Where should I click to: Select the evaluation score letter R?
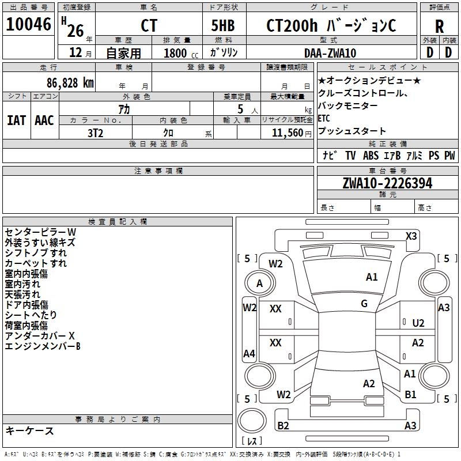(439, 25)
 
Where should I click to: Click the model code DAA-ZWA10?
(330, 53)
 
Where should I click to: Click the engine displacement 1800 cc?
(179, 53)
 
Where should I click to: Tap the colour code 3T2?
(95, 132)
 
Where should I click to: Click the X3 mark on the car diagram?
(411, 236)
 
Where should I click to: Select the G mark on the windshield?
(364, 303)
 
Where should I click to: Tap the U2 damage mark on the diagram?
(418, 323)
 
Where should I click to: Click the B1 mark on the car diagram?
(410, 395)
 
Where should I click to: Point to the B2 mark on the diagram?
(284, 426)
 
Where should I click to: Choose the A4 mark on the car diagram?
(249, 354)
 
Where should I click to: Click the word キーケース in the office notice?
(29, 430)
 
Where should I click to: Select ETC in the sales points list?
(324, 119)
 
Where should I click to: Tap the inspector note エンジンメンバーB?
(42, 346)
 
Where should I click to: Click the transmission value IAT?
(16, 120)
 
